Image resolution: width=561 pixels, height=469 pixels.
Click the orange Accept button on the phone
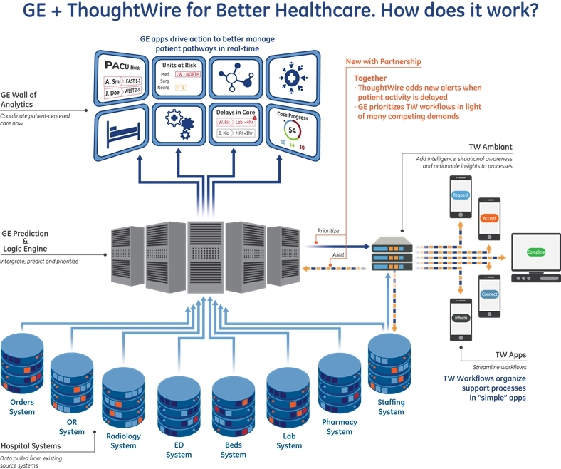click(489, 217)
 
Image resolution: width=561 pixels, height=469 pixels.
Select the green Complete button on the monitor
click(536, 252)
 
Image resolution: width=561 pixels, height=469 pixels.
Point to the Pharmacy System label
click(340, 426)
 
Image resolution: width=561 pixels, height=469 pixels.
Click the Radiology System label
click(123, 440)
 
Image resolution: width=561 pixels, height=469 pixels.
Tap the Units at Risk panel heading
click(182, 63)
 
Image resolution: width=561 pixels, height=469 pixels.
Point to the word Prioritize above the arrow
click(328, 231)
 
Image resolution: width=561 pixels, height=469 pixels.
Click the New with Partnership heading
click(383, 62)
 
